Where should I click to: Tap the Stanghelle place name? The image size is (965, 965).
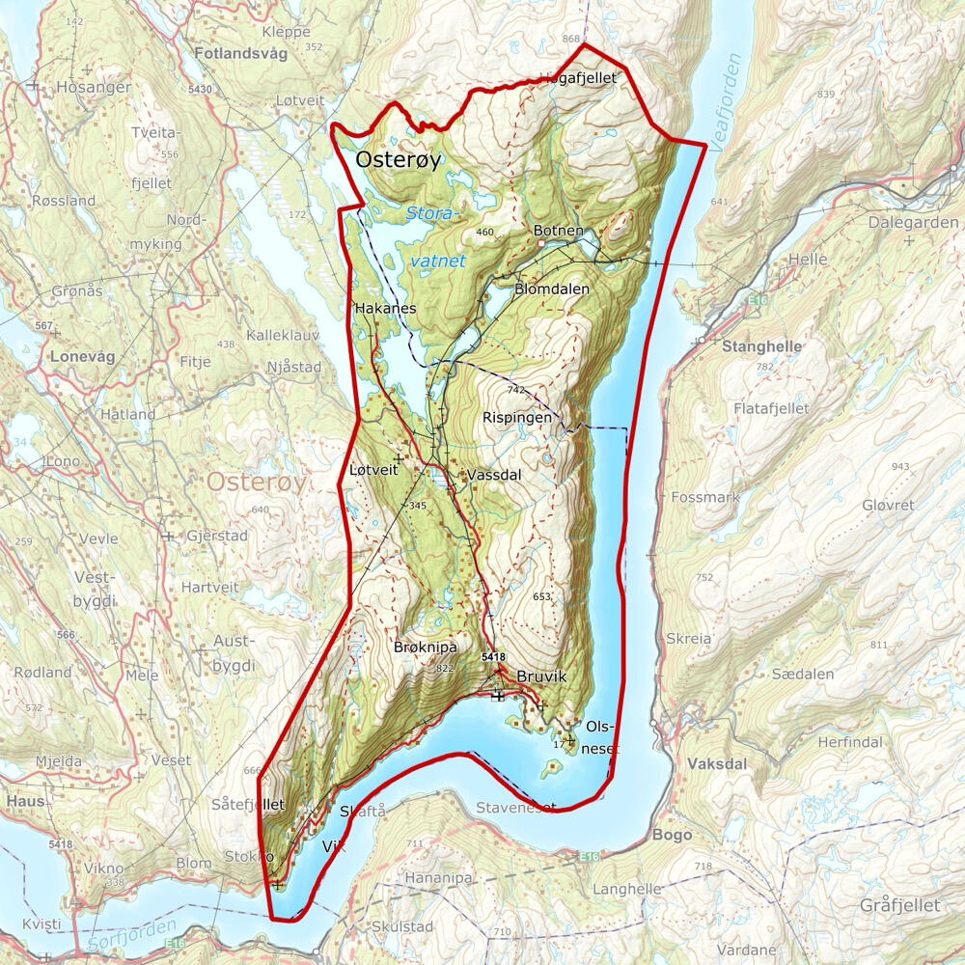pos(758,345)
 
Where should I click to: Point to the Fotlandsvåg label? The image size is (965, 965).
pos(240,54)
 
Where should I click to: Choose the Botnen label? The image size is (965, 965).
pos(559,231)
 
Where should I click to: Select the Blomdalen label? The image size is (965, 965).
pos(552,288)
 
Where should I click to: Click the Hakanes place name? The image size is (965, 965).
pos(385,308)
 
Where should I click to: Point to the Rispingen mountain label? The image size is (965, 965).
pos(517,418)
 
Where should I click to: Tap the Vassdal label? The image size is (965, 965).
pos(494,476)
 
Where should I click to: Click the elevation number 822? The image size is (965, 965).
pos(445,669)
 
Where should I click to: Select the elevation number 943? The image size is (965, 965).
pos(901,467)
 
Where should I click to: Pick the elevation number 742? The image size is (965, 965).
pos(516,390)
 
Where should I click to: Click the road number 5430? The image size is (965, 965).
pos(201,89)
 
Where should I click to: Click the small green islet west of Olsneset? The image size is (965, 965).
pos(552,769)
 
